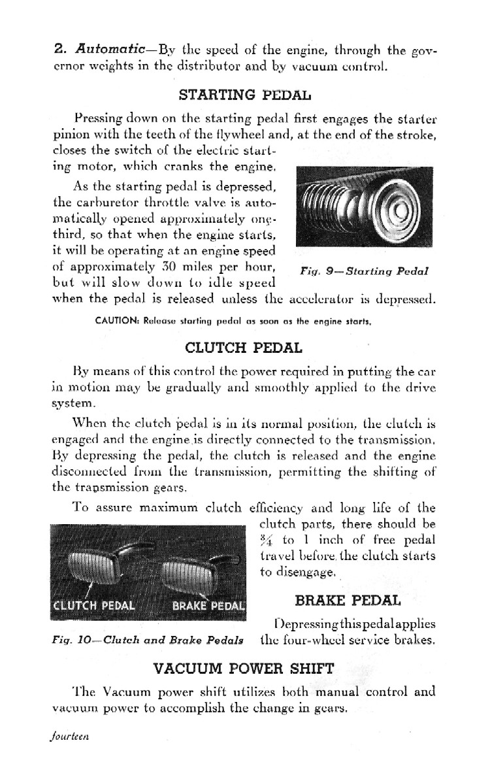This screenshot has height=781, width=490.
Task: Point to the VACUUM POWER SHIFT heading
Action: point(244,668)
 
